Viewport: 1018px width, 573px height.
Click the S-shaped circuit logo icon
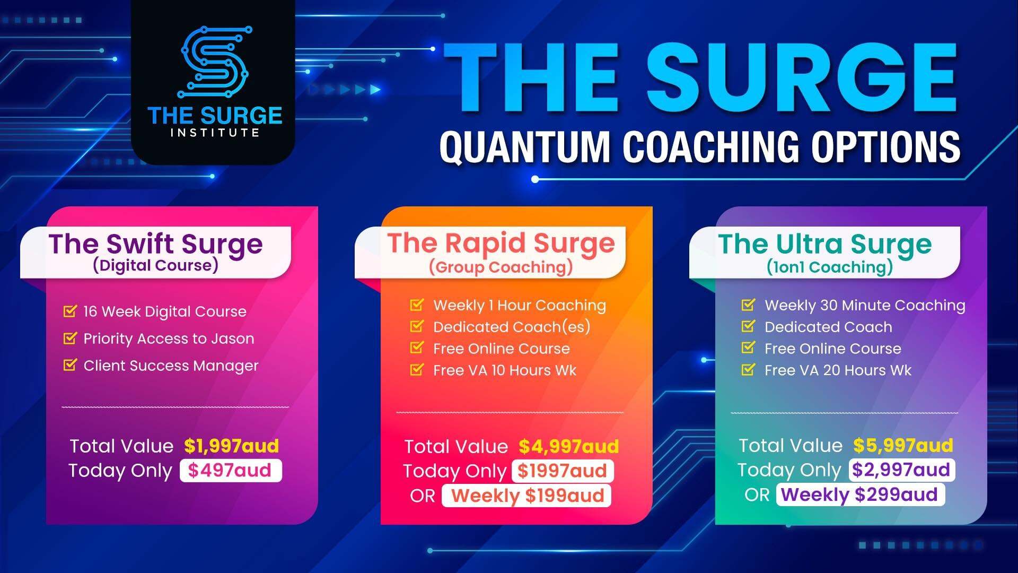(215, 63)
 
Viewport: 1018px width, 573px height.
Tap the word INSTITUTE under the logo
(215, 133)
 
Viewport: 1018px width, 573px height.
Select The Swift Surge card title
(155, 244)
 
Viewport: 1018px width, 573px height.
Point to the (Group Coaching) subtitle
(501, 267)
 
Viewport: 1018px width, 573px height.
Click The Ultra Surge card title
(825, 244)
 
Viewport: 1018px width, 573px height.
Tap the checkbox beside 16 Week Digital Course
(70, 310)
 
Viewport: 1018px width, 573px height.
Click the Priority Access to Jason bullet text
(169, 338)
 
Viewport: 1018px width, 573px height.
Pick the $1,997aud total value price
(231, 446)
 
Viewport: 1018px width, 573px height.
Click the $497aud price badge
(231, 471)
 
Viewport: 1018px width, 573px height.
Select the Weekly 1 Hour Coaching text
(520, 306)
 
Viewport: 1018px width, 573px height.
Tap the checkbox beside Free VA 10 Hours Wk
(417, 369)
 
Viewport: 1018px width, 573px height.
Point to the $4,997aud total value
(568, 446)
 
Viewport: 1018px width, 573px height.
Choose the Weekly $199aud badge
(526, 496)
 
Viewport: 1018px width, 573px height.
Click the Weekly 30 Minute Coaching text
(865, 306)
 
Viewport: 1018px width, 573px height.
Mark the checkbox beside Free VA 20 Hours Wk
(748, 369)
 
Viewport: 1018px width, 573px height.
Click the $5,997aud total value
(903, 445)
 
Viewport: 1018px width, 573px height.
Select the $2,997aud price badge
(901, 470)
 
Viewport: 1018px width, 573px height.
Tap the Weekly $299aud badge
(860, 494)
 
